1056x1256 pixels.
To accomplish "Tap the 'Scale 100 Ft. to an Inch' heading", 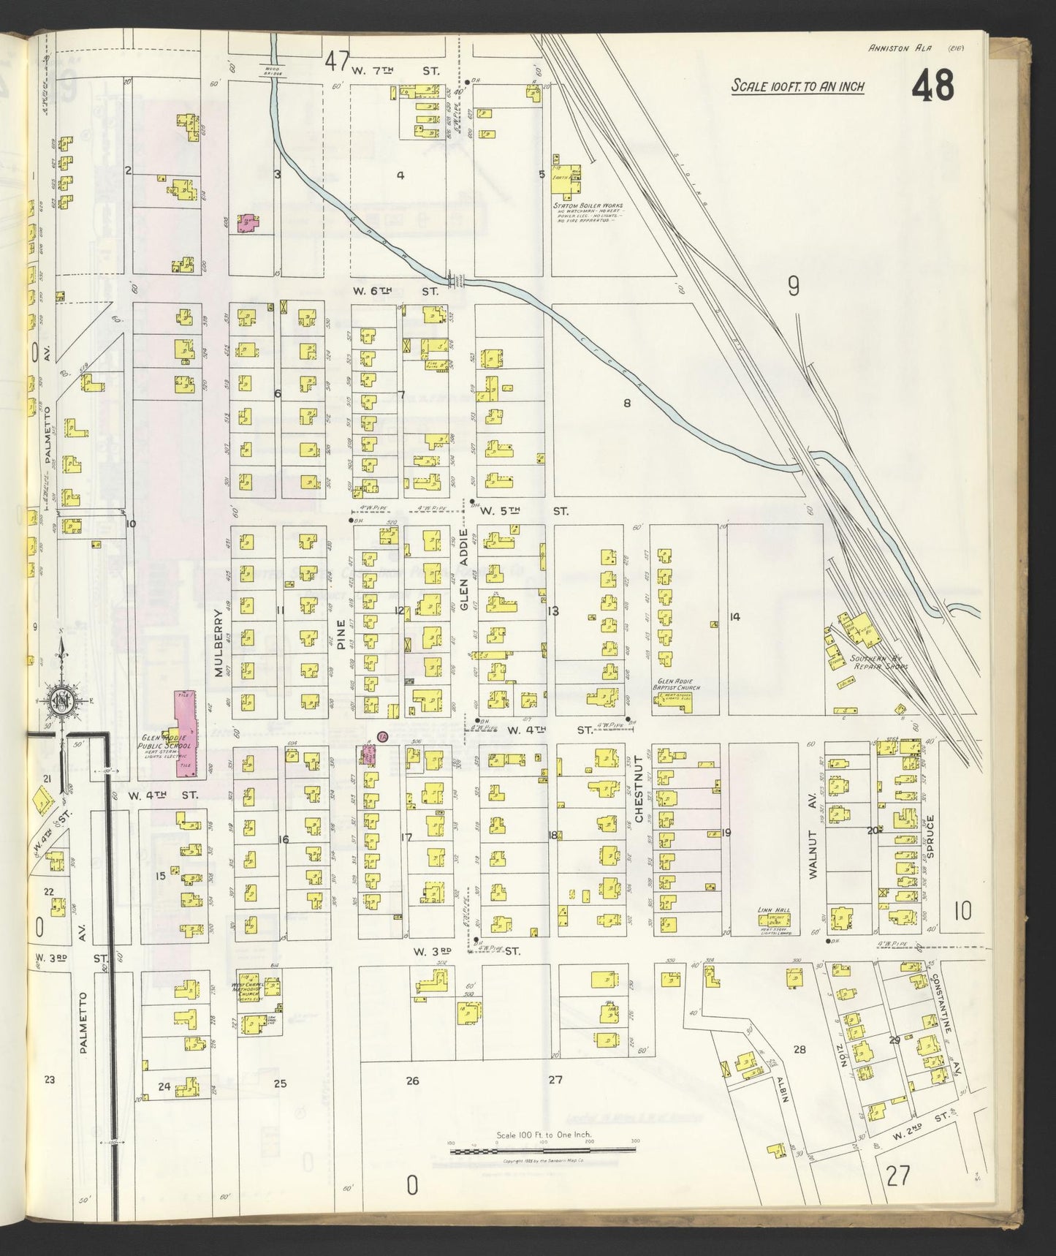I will pos(797,87).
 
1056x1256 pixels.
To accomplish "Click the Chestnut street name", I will pos(638,796).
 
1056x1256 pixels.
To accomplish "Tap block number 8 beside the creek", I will pos(626,403).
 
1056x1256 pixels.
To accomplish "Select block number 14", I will pos(734,617).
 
